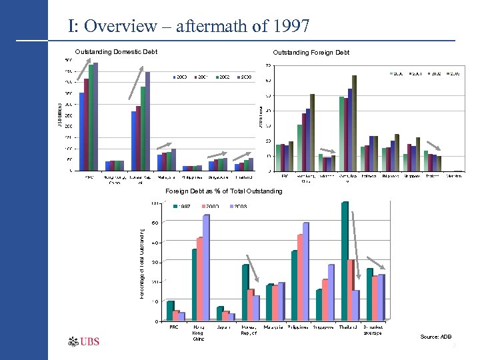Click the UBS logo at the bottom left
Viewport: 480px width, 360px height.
(x=84, y=342)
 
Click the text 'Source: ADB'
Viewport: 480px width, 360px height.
(x=435, y=337)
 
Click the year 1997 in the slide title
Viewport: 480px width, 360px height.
(x=289, y=27)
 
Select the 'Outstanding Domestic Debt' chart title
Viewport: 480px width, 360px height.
(x=116, y=52)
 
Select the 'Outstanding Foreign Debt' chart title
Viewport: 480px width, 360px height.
(x=311, y=53)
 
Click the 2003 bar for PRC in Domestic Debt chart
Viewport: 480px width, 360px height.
(x=95, y=117)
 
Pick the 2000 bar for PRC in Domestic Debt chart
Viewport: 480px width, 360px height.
(x=81, y=131)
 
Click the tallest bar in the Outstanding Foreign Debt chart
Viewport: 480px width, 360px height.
(x=355, y=123)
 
